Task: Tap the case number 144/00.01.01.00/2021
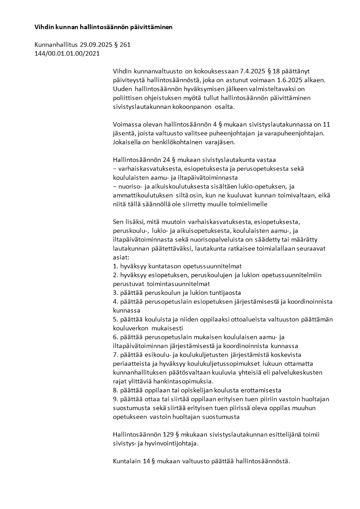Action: tap(67, 54)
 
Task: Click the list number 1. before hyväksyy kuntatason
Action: tap(115, 266)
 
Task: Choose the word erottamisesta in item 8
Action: tap(260, 390)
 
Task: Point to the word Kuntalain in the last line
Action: tap(126, 461)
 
